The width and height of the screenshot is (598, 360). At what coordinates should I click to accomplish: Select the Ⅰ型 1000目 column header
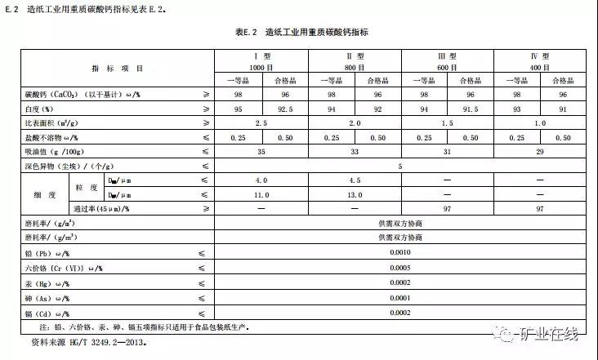pos(261,60)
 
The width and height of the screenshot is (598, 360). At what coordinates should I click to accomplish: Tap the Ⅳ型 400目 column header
pos(539,60)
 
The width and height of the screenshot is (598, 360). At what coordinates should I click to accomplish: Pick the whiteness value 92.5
pos(284,108)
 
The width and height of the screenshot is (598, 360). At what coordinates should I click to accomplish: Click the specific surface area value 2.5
pos(261,122)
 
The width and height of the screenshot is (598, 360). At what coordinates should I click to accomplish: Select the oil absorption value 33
pos(354,151)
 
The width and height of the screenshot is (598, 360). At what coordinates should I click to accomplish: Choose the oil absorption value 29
pos(539,151)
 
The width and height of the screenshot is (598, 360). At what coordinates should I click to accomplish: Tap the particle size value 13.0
pos(354,194)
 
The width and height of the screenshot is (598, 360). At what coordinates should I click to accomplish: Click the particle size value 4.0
pos(261,180)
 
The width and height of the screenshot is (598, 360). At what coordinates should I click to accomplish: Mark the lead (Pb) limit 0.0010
pos(399,253)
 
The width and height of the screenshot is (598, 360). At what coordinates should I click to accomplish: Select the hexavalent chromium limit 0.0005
pos(399,268)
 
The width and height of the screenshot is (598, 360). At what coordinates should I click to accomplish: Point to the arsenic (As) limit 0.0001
pos(399,298)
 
